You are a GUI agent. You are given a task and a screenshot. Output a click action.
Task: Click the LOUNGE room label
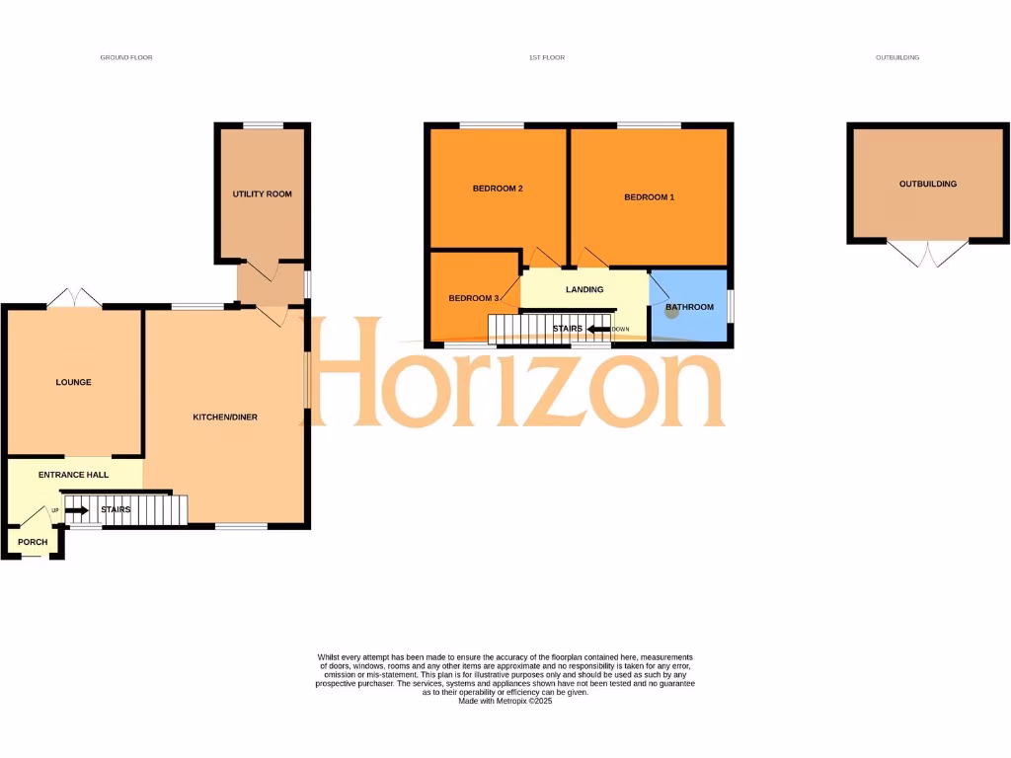[x=73, y=382]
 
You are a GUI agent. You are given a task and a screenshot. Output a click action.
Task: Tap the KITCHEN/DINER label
[x=224, y=417]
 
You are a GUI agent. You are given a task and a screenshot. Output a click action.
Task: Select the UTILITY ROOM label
[x=262, y=194]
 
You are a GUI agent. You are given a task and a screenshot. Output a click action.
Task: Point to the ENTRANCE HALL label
[x=73, y=475]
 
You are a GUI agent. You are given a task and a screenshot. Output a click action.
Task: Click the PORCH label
[x=33, y=542]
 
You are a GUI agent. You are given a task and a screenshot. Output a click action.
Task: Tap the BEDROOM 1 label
[x=649, y=197]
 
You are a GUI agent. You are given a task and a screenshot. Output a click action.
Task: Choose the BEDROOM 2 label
[x=497, y=189]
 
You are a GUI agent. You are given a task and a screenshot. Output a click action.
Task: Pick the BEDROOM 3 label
[x=474, y=299]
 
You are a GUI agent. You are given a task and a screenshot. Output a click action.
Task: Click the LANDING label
[x=583, y=289]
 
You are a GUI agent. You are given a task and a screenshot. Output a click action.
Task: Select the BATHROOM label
[x=689, y=307]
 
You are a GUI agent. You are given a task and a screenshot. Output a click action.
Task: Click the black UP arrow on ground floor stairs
[x=77, y=510]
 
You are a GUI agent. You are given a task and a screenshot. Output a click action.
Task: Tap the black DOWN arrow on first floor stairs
[x=598, y=329]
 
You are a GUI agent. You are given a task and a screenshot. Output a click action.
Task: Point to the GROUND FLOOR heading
[x=126, y=58]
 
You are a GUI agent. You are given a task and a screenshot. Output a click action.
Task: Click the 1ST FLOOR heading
[x=546, y=58]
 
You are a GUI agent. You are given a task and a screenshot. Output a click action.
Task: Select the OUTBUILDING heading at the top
[x=896, y=58]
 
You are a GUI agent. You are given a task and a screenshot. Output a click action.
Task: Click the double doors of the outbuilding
[x=928, y=254]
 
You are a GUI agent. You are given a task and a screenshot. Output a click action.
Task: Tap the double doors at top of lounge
[x=74, y=297]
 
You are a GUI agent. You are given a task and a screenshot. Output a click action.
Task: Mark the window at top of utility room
[x=263, y=125]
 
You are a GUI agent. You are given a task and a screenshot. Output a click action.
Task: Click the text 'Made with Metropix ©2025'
[x=505, y=700]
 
